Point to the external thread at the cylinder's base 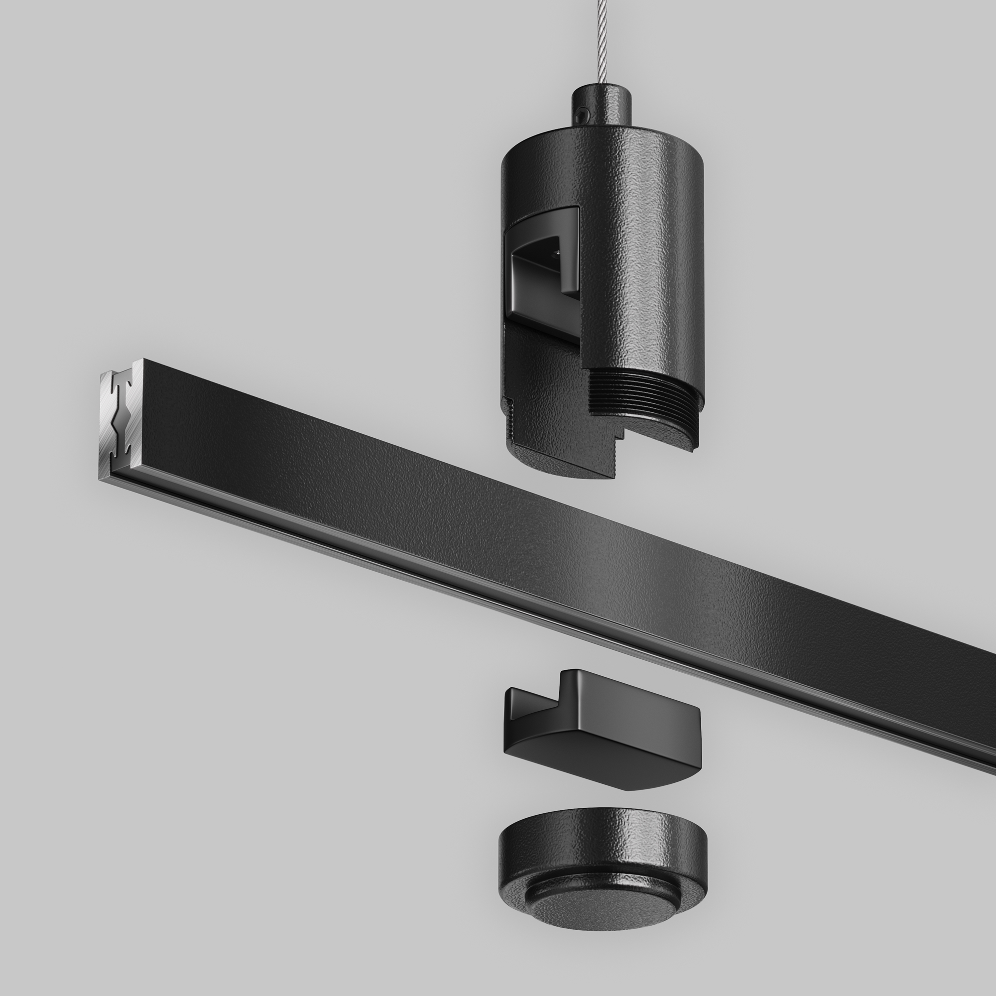644,394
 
